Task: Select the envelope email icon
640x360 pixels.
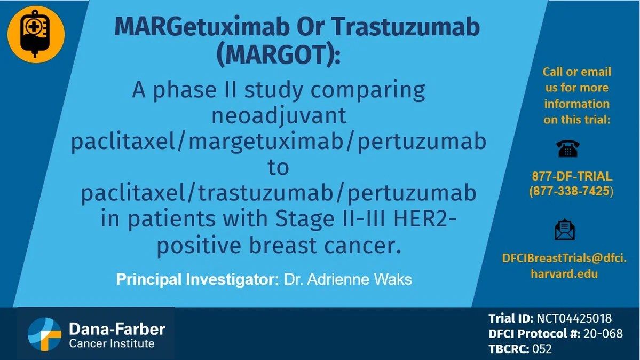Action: click(x=565, y=230)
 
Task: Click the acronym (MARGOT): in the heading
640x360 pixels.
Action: click(x=278, y=55)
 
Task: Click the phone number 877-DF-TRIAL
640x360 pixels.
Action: click(x=572, y=176)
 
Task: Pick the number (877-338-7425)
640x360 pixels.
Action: click(x=571, y=191)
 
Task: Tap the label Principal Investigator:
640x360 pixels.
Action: click(x=196, y=279)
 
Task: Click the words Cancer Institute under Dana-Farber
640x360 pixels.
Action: click(x=112, y=343)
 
